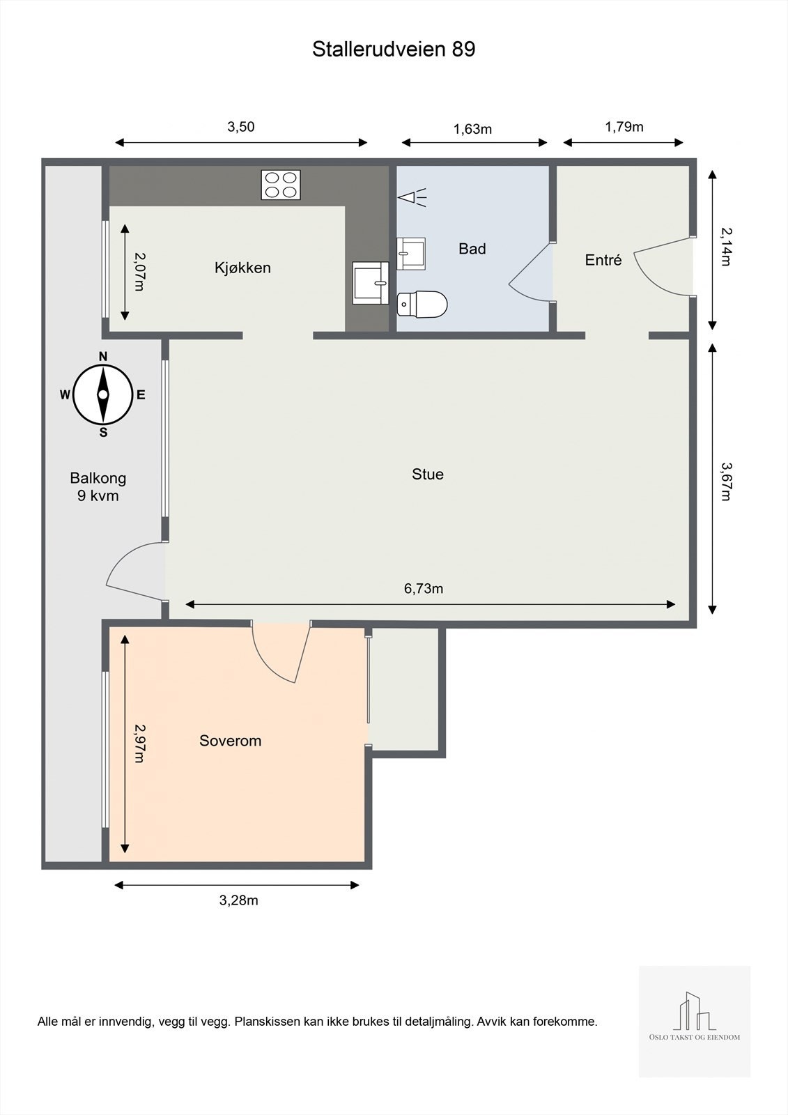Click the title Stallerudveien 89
[393, 49]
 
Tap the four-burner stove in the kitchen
[281, 185]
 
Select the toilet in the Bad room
[422, 304]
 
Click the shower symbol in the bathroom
[412, 197]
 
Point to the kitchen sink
[371, 283]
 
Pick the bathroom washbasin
[411, 254]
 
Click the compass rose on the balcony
[103, 394]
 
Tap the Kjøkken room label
[242, 268]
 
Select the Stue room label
[428, 474]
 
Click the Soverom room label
[230, 741]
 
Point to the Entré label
[603, 260]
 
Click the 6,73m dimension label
[424, 588]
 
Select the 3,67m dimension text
[726, 482]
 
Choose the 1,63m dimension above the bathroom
[472, 129]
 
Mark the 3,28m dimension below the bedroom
[238, 900]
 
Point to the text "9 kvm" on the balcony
[98, 495]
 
